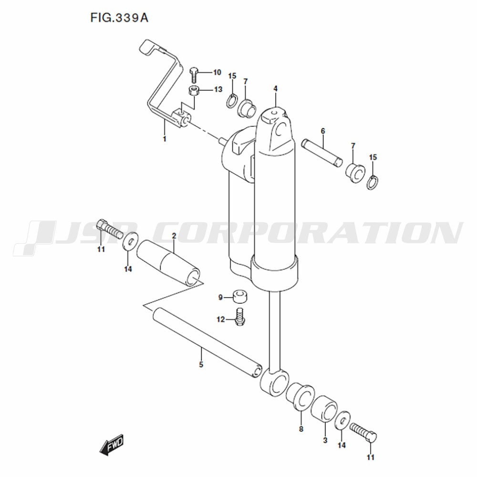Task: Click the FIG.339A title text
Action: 119,18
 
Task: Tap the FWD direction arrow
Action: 112,445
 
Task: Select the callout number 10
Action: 217,73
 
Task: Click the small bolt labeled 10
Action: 194,74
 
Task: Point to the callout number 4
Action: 276,89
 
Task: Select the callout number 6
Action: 323,131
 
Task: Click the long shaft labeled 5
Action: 207,342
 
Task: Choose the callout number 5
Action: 201,364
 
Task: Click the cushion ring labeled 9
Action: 240,297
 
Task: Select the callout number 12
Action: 220,320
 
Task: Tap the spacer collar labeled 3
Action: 324,409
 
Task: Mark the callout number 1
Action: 165,139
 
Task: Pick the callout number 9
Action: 221,297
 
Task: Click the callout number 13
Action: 218,90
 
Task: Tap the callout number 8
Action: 301,429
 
